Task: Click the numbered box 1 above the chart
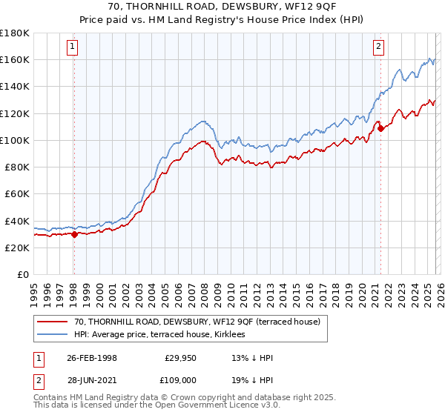coord(73,47)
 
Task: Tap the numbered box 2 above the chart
coord(379,47)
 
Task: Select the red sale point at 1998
coord(74,234)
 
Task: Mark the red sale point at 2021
coord(380,128)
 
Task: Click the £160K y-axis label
coord(15,59)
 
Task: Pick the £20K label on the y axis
coord(17,248)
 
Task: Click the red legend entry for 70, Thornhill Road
coord(197,322)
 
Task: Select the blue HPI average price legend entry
coord(164,335)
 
